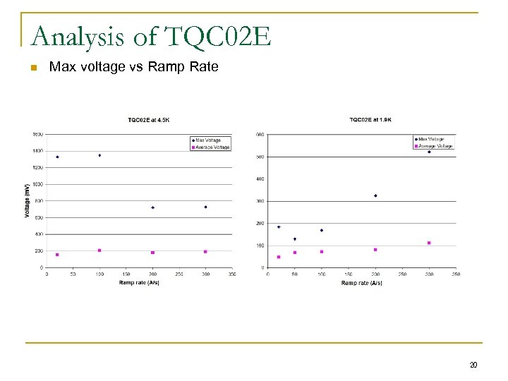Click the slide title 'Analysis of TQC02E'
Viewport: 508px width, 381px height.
[151, 36]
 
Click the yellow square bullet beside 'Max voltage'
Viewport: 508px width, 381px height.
[32, 68]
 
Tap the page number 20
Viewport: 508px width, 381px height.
[473, 365]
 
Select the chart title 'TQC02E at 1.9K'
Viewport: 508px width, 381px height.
[370, 119]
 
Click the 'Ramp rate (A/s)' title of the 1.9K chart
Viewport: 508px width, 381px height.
[361, 283]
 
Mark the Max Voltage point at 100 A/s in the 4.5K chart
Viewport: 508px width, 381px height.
[99, 155]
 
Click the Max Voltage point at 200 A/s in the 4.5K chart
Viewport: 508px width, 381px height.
[152, 207]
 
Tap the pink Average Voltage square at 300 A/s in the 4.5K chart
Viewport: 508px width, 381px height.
[205, 251]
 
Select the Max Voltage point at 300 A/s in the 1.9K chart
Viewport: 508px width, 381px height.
[429, 152]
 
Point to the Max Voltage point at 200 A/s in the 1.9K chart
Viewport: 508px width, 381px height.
[375, 195]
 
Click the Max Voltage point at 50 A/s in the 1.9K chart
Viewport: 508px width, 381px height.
[295, 238]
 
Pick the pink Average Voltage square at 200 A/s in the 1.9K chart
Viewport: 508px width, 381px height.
[375, 249]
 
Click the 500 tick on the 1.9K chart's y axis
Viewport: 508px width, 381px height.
[260, 157]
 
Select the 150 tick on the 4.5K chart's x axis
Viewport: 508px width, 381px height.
[126, 274]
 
